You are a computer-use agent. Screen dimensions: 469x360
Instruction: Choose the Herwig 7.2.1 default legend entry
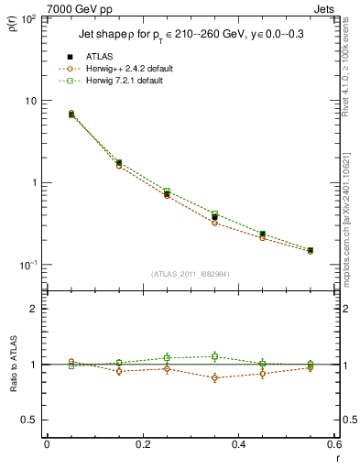coord(124,81)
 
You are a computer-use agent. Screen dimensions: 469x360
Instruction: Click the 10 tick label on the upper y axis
coord(32,101)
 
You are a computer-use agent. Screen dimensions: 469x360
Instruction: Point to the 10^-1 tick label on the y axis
coord(29,265)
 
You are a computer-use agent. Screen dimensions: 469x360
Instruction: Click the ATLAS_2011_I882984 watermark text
coord(190,274)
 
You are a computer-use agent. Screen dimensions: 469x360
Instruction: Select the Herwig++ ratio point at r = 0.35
coord(214,377)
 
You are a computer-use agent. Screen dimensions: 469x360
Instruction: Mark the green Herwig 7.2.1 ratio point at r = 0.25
coord(167,358)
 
